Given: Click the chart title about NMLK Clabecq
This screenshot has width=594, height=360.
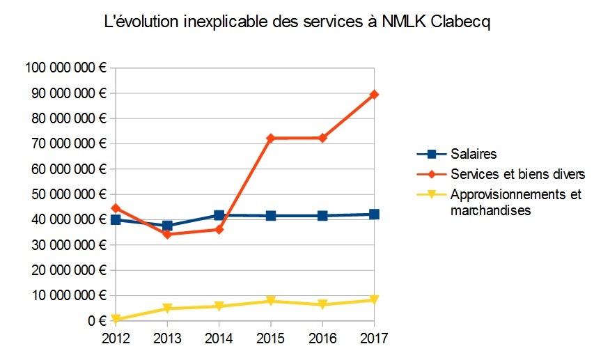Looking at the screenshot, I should [297, 23].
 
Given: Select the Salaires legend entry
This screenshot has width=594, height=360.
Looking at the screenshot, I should [473, 154].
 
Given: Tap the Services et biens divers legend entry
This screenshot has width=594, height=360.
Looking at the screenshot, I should [517, 173].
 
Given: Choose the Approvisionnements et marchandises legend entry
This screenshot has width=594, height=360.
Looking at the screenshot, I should [515, 202].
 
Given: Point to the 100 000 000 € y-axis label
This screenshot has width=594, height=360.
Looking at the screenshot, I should [64, 68].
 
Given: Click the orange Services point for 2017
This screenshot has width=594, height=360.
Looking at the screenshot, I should [374, 94].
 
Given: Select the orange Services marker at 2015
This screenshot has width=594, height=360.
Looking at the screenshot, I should [271, 139].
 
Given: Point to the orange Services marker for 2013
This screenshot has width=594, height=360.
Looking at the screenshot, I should [167, 234].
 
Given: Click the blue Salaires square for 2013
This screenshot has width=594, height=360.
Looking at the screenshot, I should [167, 226].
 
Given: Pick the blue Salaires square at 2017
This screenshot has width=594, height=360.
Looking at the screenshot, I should [374, 214].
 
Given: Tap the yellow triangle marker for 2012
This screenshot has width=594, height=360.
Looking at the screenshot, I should [116, 320].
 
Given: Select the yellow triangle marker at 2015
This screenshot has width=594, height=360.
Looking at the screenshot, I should [271, 302].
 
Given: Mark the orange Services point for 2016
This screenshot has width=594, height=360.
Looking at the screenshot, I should [322, 138].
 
